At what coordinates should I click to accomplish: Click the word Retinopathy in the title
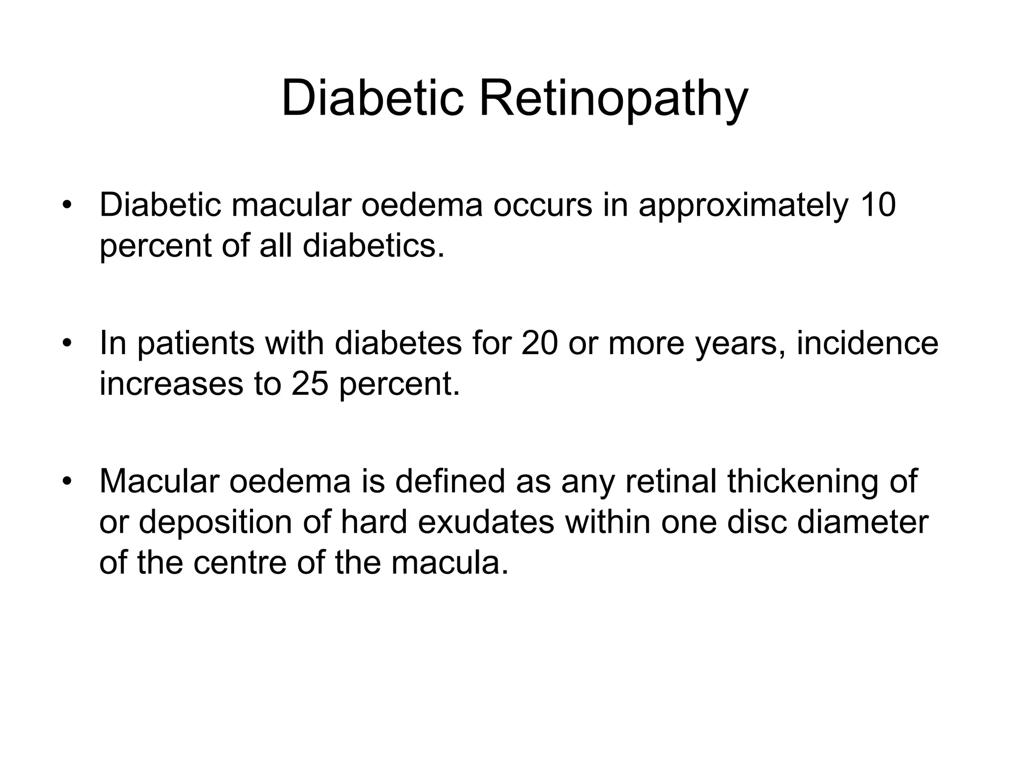[613, 99]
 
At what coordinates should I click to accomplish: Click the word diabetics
[373, 246]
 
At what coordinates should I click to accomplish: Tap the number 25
[310, 383]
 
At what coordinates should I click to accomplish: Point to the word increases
[171, 383]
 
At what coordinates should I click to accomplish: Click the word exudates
[486, 522]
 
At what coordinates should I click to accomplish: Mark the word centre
[240, 563]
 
